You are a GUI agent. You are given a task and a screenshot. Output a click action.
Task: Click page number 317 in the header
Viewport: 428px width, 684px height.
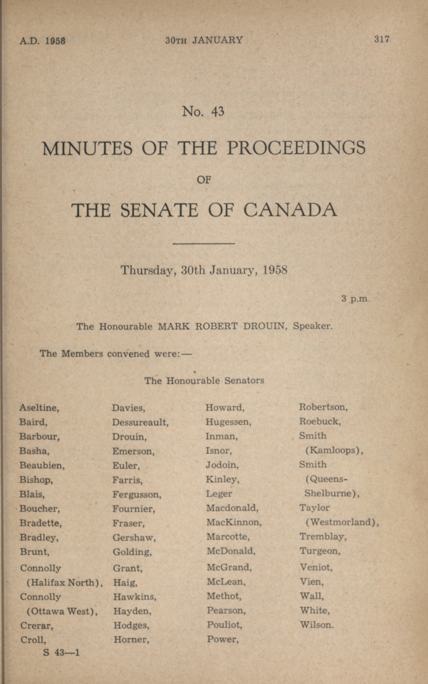click(x=382, y=39)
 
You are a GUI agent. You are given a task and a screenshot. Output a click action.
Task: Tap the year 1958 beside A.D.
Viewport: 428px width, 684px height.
click(x=56, y=41)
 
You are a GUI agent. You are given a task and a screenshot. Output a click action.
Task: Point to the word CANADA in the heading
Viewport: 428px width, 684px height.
click(x=290, y=210)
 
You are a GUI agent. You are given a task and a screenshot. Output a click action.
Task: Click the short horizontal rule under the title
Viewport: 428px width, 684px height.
click(x=203, y=243)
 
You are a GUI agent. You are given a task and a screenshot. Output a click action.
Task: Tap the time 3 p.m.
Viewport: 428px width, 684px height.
click(x=355, y=299)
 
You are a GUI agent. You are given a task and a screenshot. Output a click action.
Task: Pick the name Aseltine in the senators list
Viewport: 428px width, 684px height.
click(x=39, y=407)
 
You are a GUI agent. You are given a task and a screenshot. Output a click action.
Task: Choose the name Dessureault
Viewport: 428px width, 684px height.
click(x=140, y=422)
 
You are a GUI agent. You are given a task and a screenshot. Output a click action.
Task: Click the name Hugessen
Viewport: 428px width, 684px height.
click(x=228, y=422)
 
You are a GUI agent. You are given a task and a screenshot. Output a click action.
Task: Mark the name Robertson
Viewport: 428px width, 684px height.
click(x=323, y=407)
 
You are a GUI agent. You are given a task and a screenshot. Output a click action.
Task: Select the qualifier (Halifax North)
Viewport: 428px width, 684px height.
click(x=65, y=583)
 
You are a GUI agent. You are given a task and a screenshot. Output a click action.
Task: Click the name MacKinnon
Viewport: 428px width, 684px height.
click(x=234, y=522)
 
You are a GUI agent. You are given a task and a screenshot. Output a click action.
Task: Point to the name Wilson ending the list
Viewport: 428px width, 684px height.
click(x=316, y=625)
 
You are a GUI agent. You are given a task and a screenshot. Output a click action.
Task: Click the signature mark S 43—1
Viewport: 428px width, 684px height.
click(x=61, y=652)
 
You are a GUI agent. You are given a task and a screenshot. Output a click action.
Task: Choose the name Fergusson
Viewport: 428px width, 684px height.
click(x=136, y=494)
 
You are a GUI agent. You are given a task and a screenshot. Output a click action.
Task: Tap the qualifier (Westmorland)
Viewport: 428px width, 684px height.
click(x=342, y=522)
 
